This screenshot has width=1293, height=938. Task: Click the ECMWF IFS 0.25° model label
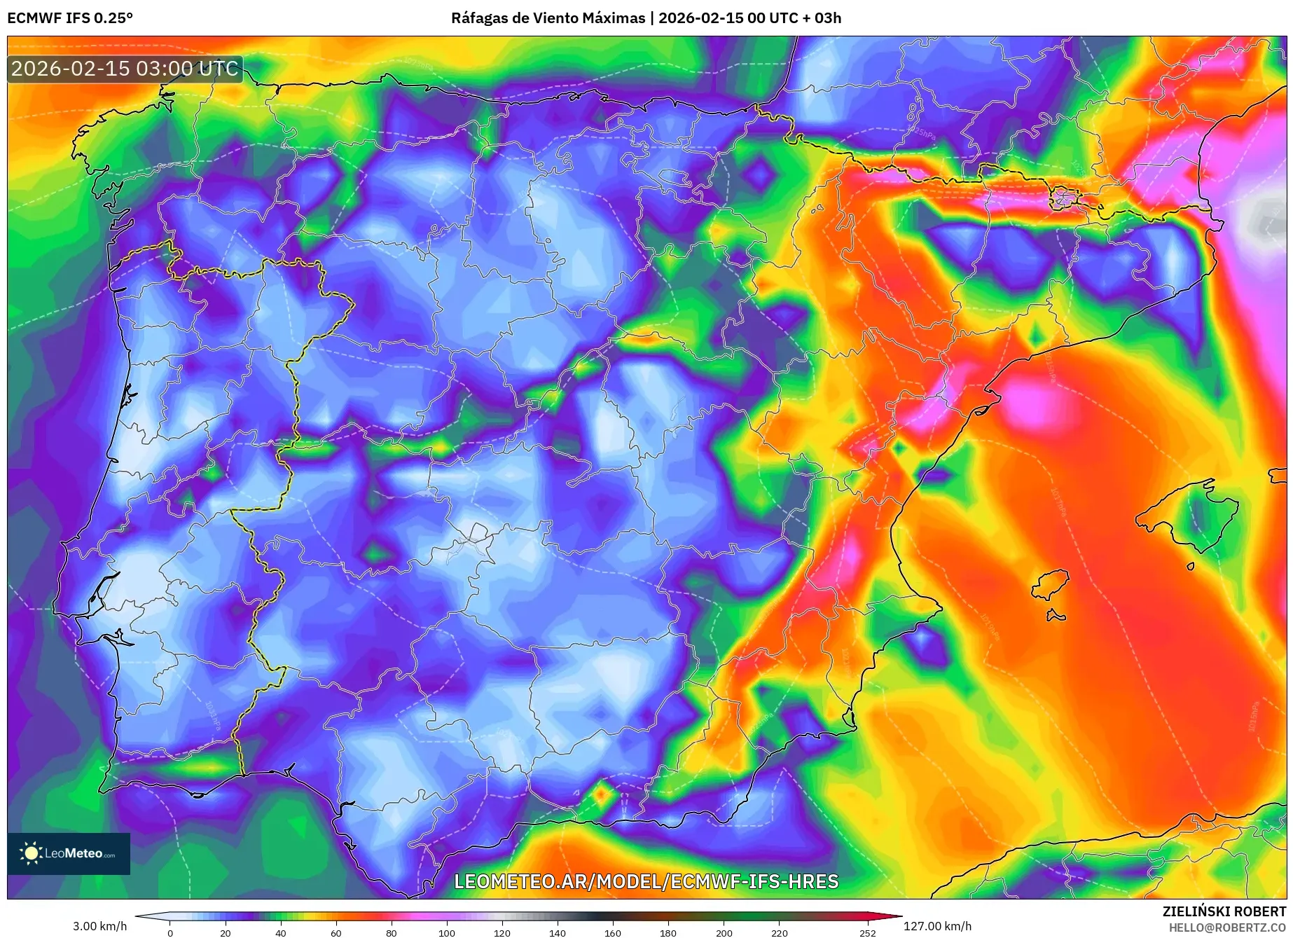(70, 18)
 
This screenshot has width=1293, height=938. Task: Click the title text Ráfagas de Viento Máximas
(548, 18)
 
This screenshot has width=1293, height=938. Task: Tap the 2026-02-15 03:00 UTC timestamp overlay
(125, 69)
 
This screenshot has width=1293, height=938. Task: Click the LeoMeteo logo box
(69, 853)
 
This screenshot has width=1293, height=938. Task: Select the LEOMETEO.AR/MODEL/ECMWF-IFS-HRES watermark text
(646, 881)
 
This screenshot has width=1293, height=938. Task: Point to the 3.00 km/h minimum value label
(99, 926)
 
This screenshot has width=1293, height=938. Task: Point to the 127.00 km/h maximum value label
(937, 926)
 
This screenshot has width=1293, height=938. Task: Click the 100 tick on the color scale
(446, 933)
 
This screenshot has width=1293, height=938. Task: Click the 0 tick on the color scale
(170, 933)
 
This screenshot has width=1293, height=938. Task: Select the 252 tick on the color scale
(868, 933)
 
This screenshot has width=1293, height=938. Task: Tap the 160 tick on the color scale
(613, 933)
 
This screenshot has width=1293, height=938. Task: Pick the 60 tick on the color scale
(336, 933)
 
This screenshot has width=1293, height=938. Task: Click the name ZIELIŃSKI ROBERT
(1224, 911)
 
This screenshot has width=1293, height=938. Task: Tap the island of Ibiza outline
(1051, 584)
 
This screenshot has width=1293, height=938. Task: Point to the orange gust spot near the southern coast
(601, 795)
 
